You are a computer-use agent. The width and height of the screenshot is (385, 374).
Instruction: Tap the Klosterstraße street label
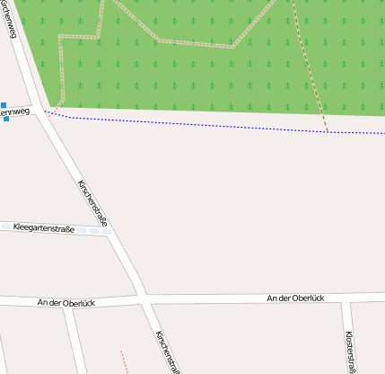click(x=350, y=348)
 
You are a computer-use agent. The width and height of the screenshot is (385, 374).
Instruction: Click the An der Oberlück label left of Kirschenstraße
click(x=67, y=303)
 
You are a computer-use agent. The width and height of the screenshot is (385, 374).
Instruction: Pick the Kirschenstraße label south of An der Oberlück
click(x=168, y=352)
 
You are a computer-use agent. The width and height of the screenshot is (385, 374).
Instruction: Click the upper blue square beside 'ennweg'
click(x=4, y=104)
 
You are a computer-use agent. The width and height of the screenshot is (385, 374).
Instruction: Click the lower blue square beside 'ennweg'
click(x=5, y=119)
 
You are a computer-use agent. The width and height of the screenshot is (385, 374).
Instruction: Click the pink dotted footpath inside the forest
click(x=162, y=40)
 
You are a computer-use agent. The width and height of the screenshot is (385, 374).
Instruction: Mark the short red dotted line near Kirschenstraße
click(x=124, y=361)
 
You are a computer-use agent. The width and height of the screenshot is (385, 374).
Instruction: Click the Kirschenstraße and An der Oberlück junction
click(x=141, y=295)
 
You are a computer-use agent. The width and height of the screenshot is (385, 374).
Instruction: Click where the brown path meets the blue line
click(x=328, y=131)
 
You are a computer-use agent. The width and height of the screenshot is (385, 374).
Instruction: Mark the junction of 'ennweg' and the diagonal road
click(x=40, y=111)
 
